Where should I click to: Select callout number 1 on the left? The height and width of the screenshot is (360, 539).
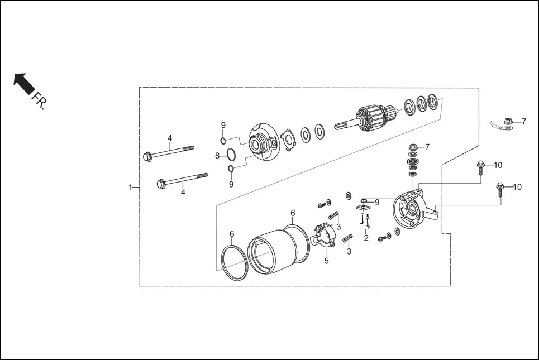(x=130, y=187)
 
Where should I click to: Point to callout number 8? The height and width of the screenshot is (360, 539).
(x=217, y=156)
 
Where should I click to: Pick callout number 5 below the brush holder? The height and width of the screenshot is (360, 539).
(x=326, y=260)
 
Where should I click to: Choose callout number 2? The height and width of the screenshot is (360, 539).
(x=366, y=238)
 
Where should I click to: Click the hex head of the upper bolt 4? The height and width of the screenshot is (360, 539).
(x=147, y=157)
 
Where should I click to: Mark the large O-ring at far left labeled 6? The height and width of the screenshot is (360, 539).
(x=233, y=262)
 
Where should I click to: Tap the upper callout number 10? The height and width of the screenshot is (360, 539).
(x=498, y=165)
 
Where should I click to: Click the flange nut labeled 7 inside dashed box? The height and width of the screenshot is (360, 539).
(x=413, y=147)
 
